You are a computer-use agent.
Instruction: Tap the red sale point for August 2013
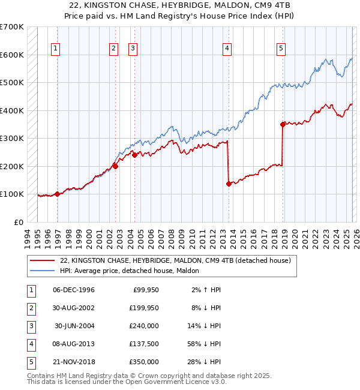pyautogui.click(x=229, y=184)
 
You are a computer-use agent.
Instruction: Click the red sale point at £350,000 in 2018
pyautogui.click(x=283, y=124)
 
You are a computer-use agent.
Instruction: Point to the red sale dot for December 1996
pyautogui.click(x=57, y=194)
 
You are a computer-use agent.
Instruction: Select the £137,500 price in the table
pyautogui.click(x=145, y=344)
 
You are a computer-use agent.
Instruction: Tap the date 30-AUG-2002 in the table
pyautogui.click(x=74, y=308)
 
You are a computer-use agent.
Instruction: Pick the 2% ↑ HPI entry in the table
pyautogui.click(x=205, y=290)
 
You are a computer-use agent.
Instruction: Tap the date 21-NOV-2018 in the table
pyautogui.click(x=74, y=362)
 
